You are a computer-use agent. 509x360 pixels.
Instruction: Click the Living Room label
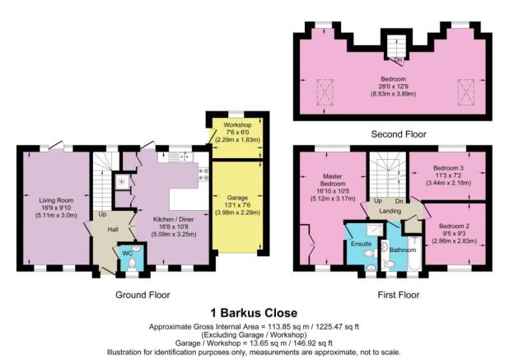click(56, 200)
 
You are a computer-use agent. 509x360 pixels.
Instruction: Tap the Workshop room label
click(237, 125)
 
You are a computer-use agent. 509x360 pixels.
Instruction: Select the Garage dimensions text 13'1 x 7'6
click(238, 205)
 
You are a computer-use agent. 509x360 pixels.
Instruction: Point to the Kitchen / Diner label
click(173, 219)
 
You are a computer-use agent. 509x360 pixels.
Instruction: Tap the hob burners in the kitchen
click(203, 174)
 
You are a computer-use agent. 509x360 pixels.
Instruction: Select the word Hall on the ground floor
click(113, 230)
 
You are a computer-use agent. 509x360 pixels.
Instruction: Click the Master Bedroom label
click(333, 180)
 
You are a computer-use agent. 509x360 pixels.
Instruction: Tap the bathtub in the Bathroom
click(414, 254)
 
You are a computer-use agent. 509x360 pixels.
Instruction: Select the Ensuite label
click(361, 244)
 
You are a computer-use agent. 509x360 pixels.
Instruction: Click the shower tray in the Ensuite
click(373, 230)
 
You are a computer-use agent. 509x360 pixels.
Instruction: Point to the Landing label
click(390, 212)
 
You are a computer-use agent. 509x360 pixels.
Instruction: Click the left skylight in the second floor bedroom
click(325, 92)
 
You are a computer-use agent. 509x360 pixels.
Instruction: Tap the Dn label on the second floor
click(399, 60)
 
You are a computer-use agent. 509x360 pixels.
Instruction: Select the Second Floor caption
click(399, 134)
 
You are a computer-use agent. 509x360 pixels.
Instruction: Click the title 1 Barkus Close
click(254, 313)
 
